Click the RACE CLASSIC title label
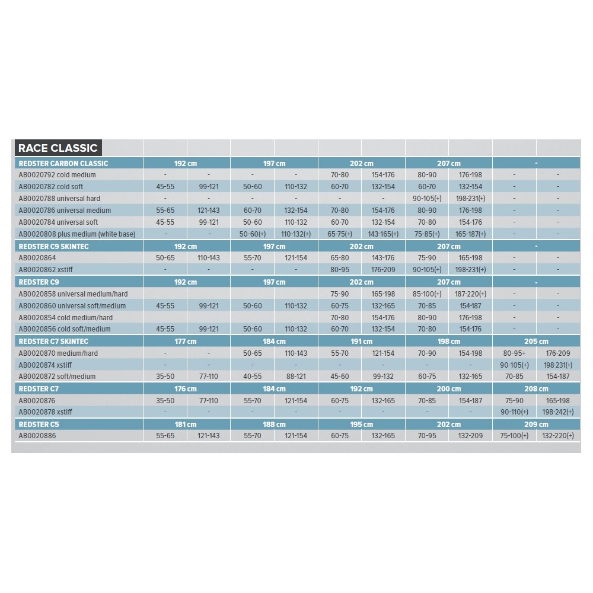[58, 148]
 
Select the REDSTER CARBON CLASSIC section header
[63, 163]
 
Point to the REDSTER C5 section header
[39, 424]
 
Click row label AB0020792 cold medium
[57, 175]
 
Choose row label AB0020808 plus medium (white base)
[77, 234]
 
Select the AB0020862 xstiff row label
[46, 270]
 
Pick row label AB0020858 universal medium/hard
[73, 294]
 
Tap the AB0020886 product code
[37, 436]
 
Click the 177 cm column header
[186, 341]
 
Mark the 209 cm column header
[536, 424]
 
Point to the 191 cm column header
[361, 341]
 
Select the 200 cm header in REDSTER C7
[448, 389]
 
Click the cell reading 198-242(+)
[558, 412]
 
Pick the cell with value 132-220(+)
[558, 436]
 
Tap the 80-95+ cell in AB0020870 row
[514, 353]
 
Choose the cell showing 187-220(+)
[470, 294]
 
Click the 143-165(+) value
[383, 234]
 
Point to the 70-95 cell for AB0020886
[427, 436]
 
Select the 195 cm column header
[361, 424]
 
